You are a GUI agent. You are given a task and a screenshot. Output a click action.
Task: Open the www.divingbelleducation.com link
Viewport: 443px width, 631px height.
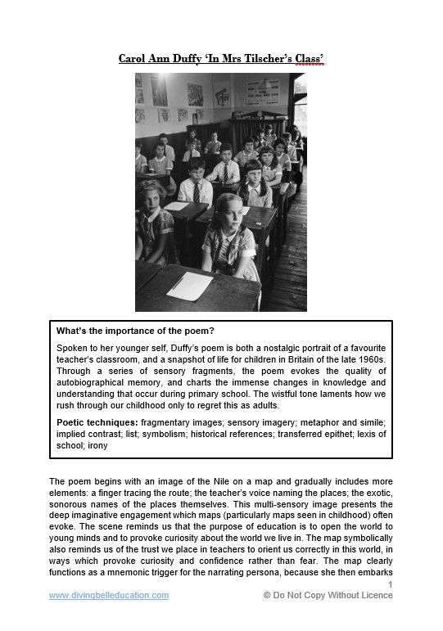(x=109, y=595)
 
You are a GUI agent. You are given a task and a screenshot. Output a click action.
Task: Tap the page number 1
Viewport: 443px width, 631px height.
(x=390, y=584)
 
